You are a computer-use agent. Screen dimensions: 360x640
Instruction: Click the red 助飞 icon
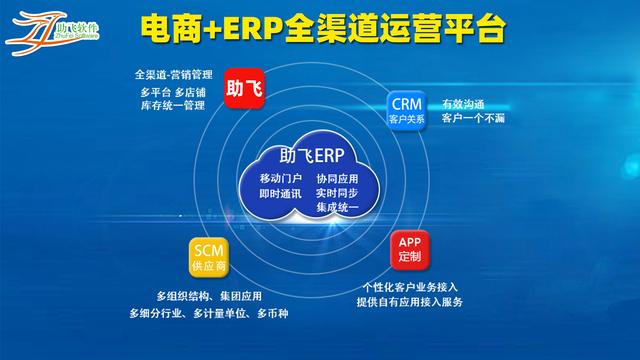[245, 89]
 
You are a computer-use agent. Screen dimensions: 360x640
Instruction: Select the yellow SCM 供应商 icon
[207, 257]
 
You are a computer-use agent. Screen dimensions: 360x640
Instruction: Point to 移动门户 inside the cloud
[267, 178]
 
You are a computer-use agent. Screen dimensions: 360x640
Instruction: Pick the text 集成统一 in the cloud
[336, 207]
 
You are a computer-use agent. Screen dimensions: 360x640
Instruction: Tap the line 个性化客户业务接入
[410, 287]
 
